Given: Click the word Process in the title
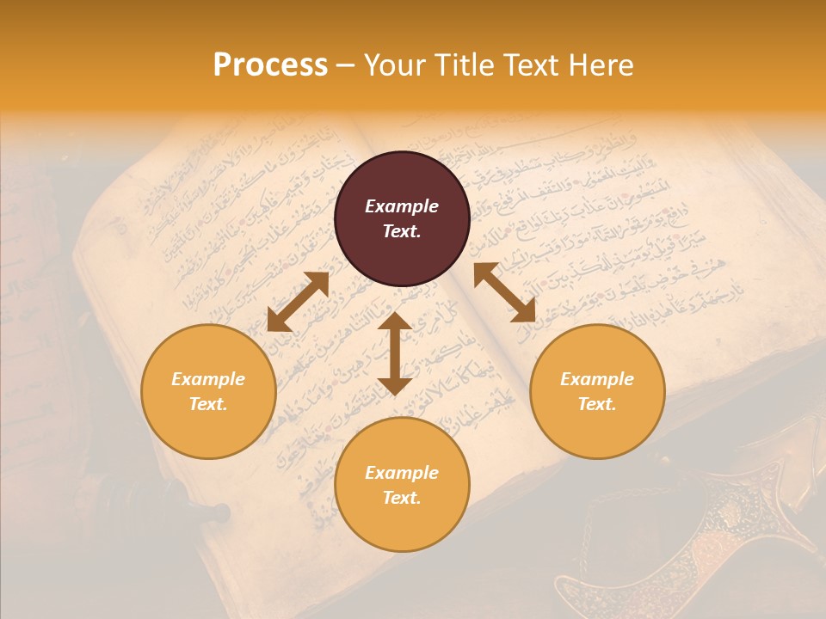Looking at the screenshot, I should (270, 65).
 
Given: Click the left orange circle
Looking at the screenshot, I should (208, 391).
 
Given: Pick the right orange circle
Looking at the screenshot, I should (597, 391).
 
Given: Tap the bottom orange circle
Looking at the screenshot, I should (402, 485).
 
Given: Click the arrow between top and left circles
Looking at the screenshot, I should (298, 301).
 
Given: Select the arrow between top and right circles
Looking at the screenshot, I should (504, 292).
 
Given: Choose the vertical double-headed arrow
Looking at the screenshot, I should (395, 353).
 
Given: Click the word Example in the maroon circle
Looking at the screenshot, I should (402, 206).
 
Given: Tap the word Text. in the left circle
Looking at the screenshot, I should (208, 404).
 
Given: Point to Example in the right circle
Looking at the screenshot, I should (597, 379).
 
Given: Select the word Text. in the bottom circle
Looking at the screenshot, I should (402, 498).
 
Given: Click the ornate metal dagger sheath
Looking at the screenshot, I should (654, 550).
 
